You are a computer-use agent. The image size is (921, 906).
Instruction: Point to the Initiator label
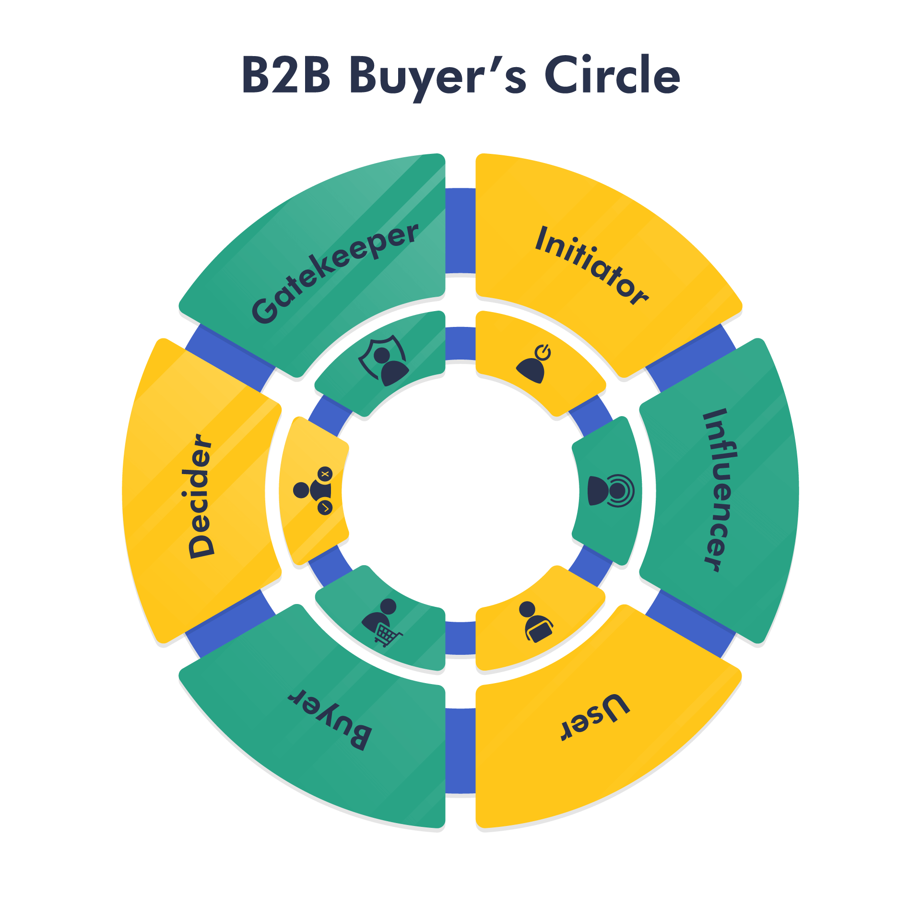point(592,265)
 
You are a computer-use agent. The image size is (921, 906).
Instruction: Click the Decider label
point(201,496)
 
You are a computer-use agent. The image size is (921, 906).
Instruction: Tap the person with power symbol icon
point(533,364)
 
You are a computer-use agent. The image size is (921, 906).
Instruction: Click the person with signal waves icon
point(611,490)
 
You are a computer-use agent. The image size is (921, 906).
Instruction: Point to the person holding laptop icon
point(536,622)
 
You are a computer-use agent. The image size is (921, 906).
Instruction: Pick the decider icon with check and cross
point(313,490)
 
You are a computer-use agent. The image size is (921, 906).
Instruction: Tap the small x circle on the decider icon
point(325,474)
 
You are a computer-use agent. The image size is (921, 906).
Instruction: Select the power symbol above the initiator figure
point(543,353)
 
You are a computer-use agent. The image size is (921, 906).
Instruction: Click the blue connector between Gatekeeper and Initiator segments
point(460,231)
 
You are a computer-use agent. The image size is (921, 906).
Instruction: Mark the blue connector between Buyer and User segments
point(460,751)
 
